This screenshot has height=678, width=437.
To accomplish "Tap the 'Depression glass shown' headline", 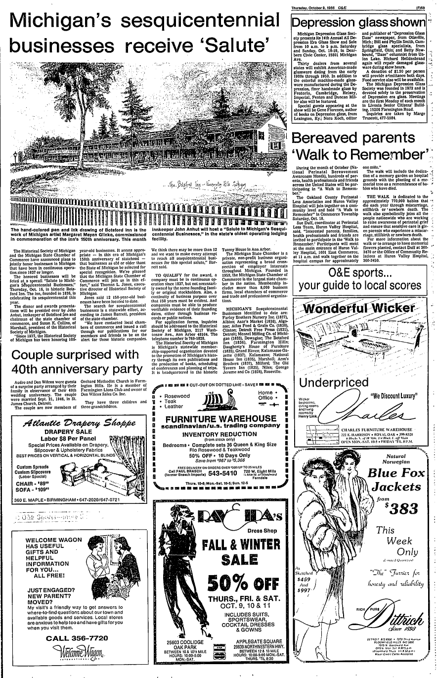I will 358,23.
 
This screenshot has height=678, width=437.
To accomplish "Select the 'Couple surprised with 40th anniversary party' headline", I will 75,362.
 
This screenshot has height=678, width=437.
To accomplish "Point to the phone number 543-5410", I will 225,472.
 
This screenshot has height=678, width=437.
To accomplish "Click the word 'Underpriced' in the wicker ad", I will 334,383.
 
